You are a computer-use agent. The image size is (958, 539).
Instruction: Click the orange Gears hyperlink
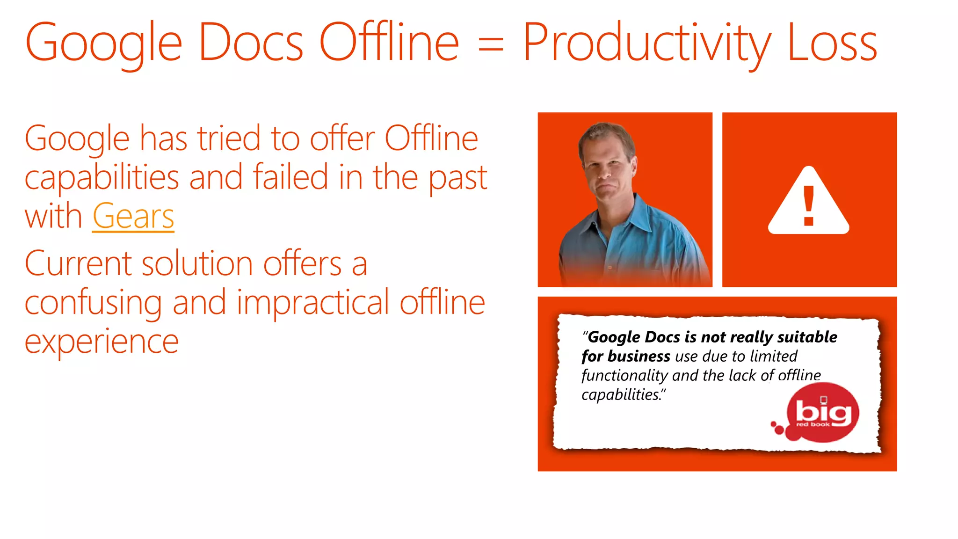click(133, 216)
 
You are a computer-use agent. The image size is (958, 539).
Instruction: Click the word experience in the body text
click(102, 341)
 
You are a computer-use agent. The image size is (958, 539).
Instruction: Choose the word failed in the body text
click(290, 177)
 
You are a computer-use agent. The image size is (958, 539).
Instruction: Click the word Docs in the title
click(251, 43)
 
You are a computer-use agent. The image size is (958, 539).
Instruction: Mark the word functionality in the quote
click(624, 376)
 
